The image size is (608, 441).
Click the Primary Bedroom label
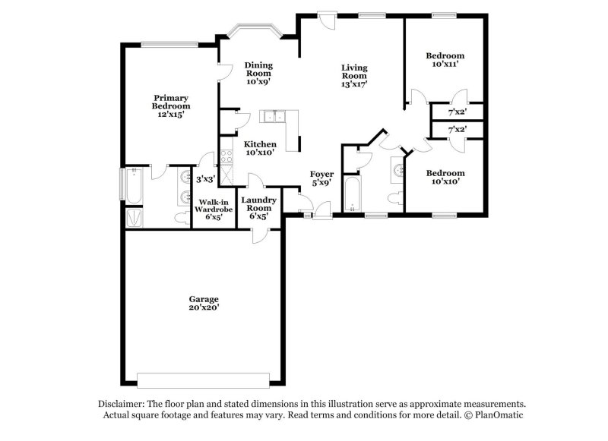coord(171,106)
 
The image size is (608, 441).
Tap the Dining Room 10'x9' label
coord(258,74)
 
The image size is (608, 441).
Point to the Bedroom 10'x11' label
coord(445,60)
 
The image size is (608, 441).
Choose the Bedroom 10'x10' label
coord(445,178)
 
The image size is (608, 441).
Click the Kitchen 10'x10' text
coord(260,149)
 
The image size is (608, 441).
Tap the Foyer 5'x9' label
coord(321,178)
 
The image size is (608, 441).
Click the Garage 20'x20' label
coord(204,304)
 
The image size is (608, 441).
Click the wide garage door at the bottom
coord(204,380)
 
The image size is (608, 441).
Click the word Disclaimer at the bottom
coord(122,405)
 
